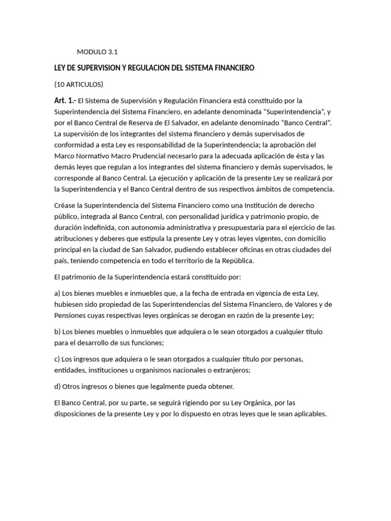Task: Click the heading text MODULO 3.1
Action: coord(97,51)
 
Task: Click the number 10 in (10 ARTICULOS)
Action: coord(61,84)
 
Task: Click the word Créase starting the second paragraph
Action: coord(66,205)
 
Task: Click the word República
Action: coord(235,260)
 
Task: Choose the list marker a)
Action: coord(57,293)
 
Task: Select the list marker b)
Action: coord(57,332)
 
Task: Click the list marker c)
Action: coord(57,359)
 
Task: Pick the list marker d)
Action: coord(57,386)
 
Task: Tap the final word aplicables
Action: coord(308,414)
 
